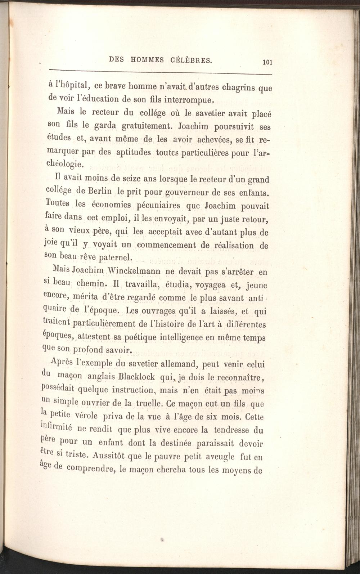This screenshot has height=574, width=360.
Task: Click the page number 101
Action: [267, 62]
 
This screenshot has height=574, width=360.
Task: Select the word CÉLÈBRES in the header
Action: [190, 60]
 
